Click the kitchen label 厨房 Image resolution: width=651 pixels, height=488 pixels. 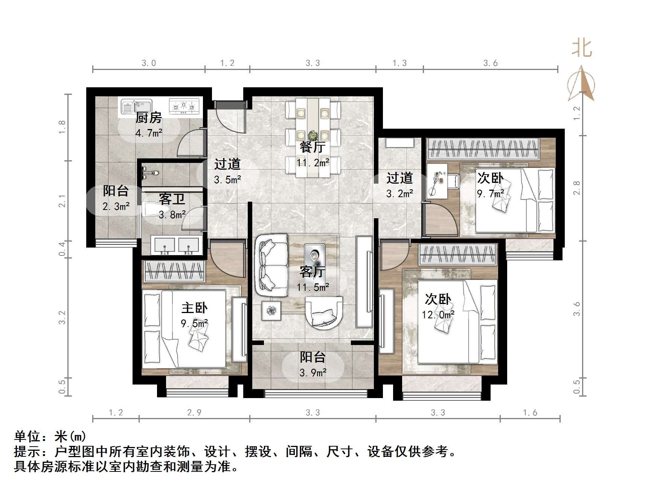148,118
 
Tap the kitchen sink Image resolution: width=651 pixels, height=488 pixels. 136,106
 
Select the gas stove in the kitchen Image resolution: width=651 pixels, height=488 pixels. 184,106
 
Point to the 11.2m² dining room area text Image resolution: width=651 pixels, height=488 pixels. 313,163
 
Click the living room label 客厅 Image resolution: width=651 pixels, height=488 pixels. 312,272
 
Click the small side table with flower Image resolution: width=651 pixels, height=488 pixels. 271,311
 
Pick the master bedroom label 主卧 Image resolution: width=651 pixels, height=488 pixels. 194,308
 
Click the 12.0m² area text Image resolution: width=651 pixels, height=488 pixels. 438,315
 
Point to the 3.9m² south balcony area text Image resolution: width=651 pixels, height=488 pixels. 313,373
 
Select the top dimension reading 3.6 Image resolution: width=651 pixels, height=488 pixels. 490,63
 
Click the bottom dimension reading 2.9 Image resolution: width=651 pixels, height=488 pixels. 194,413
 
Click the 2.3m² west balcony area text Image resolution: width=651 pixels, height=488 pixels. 116,206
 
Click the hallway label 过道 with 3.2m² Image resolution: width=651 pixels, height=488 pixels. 399,178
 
